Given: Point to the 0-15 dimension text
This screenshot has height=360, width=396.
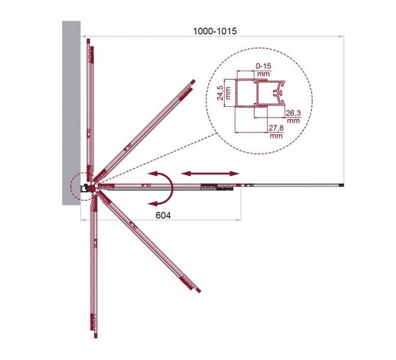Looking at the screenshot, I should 263,66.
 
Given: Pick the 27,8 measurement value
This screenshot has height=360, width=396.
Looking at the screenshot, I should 275,128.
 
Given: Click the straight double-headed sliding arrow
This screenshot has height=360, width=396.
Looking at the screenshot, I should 209,173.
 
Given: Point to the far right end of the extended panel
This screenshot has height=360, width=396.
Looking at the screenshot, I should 345,186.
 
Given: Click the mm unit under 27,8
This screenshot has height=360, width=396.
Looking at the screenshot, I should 275,136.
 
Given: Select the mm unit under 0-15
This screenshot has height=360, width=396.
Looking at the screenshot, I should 263,74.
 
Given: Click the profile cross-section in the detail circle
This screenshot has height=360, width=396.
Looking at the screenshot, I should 263,99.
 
